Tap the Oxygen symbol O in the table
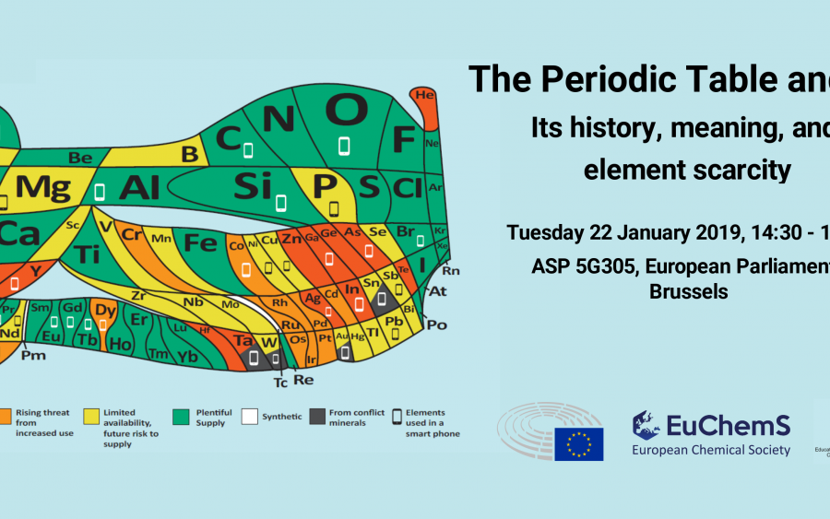(x=346, y=112)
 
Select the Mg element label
(x=43, y=187)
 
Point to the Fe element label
(x=199, y=243)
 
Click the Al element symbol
(x=139, y=187)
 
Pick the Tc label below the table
(x=280, y=381)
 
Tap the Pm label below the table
(x=33, y=354)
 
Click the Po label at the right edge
(x=437, y=324)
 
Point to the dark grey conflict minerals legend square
(x=318, y=415)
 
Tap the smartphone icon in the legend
(x=397, y=415)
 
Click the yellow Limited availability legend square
(x=91, y=415)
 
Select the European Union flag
(x=578, y=444)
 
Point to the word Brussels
(x=689, y=292)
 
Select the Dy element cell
(x=106, y=311)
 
